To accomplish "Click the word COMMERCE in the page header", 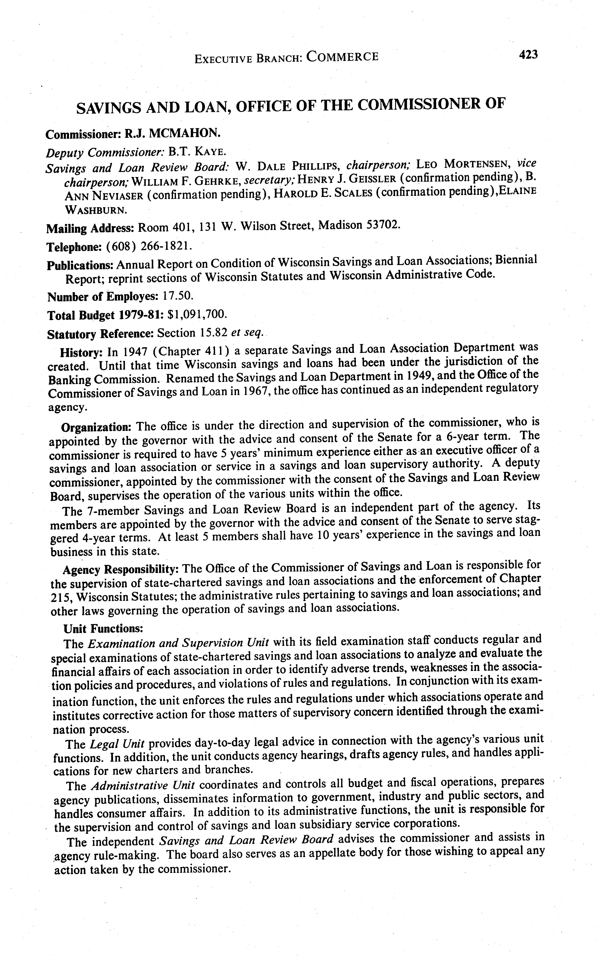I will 342,57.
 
